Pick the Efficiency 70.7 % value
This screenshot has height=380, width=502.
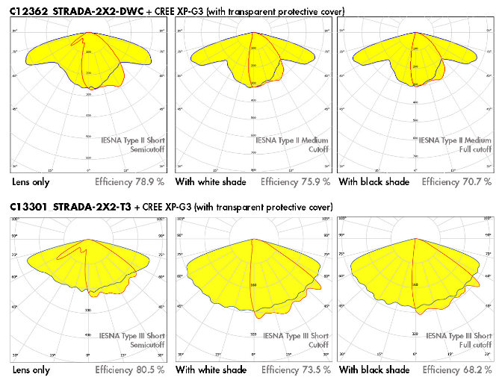(x=456, y=181)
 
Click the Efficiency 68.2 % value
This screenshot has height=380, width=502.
(x=456, y=370)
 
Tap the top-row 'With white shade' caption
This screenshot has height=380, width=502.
(x=211, y=181)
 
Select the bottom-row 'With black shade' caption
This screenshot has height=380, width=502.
(x=374, y=370)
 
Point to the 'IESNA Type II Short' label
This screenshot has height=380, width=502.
(x=134, y=140)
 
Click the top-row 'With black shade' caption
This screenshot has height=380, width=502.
(x=374, y=181)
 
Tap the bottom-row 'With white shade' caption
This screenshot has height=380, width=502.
(x=211, y=370)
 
